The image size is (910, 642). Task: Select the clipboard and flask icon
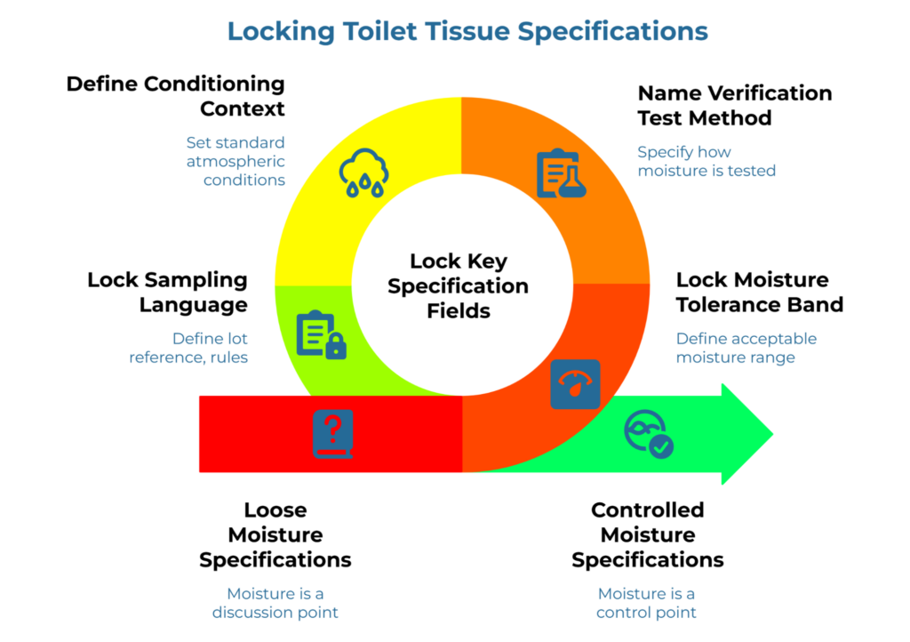561,173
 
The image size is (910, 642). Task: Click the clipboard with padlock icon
320,334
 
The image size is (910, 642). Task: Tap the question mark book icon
332,434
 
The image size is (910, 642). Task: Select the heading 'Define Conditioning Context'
175,96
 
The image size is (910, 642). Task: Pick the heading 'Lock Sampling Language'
167,292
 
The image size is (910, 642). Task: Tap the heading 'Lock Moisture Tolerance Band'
759,292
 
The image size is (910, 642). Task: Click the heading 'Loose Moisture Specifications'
275,534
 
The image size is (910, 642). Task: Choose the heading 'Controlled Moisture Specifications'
647,534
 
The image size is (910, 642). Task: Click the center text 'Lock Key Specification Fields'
458,286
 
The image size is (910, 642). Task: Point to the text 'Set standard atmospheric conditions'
235,161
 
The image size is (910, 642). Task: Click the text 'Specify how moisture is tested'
706,161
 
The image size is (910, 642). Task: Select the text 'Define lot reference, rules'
188,348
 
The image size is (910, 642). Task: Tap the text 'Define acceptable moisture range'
746,348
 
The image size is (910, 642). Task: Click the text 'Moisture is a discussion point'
275,603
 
